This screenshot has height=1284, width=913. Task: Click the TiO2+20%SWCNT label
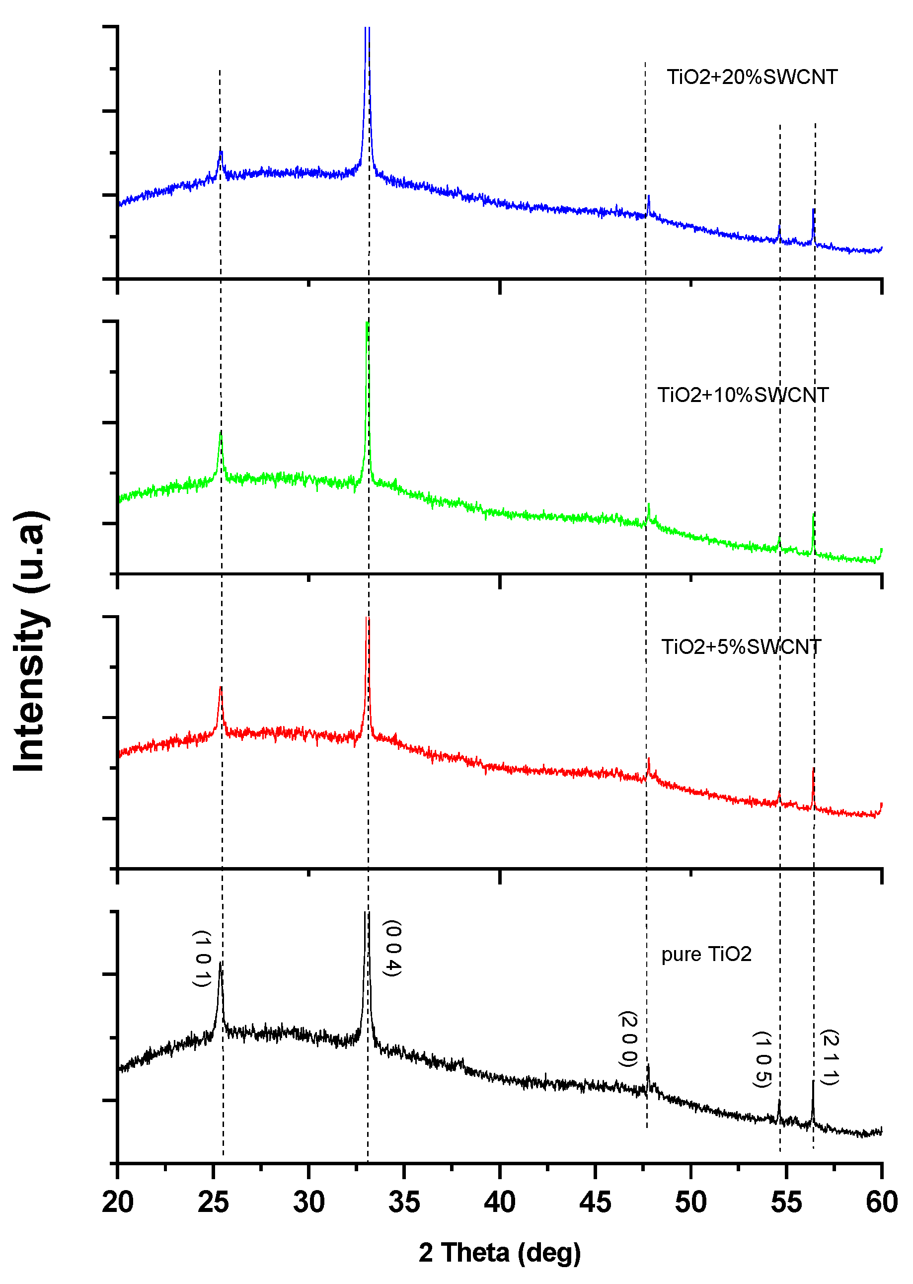pos(752,77)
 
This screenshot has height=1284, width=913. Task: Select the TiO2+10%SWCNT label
pos(743,396)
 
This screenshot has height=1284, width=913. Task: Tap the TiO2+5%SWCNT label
pos(741,647)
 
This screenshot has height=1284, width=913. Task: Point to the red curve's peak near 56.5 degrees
pos(814,769)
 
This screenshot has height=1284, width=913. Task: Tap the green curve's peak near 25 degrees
pos(221,435)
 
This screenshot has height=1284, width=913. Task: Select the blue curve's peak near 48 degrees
pos(649,196)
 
